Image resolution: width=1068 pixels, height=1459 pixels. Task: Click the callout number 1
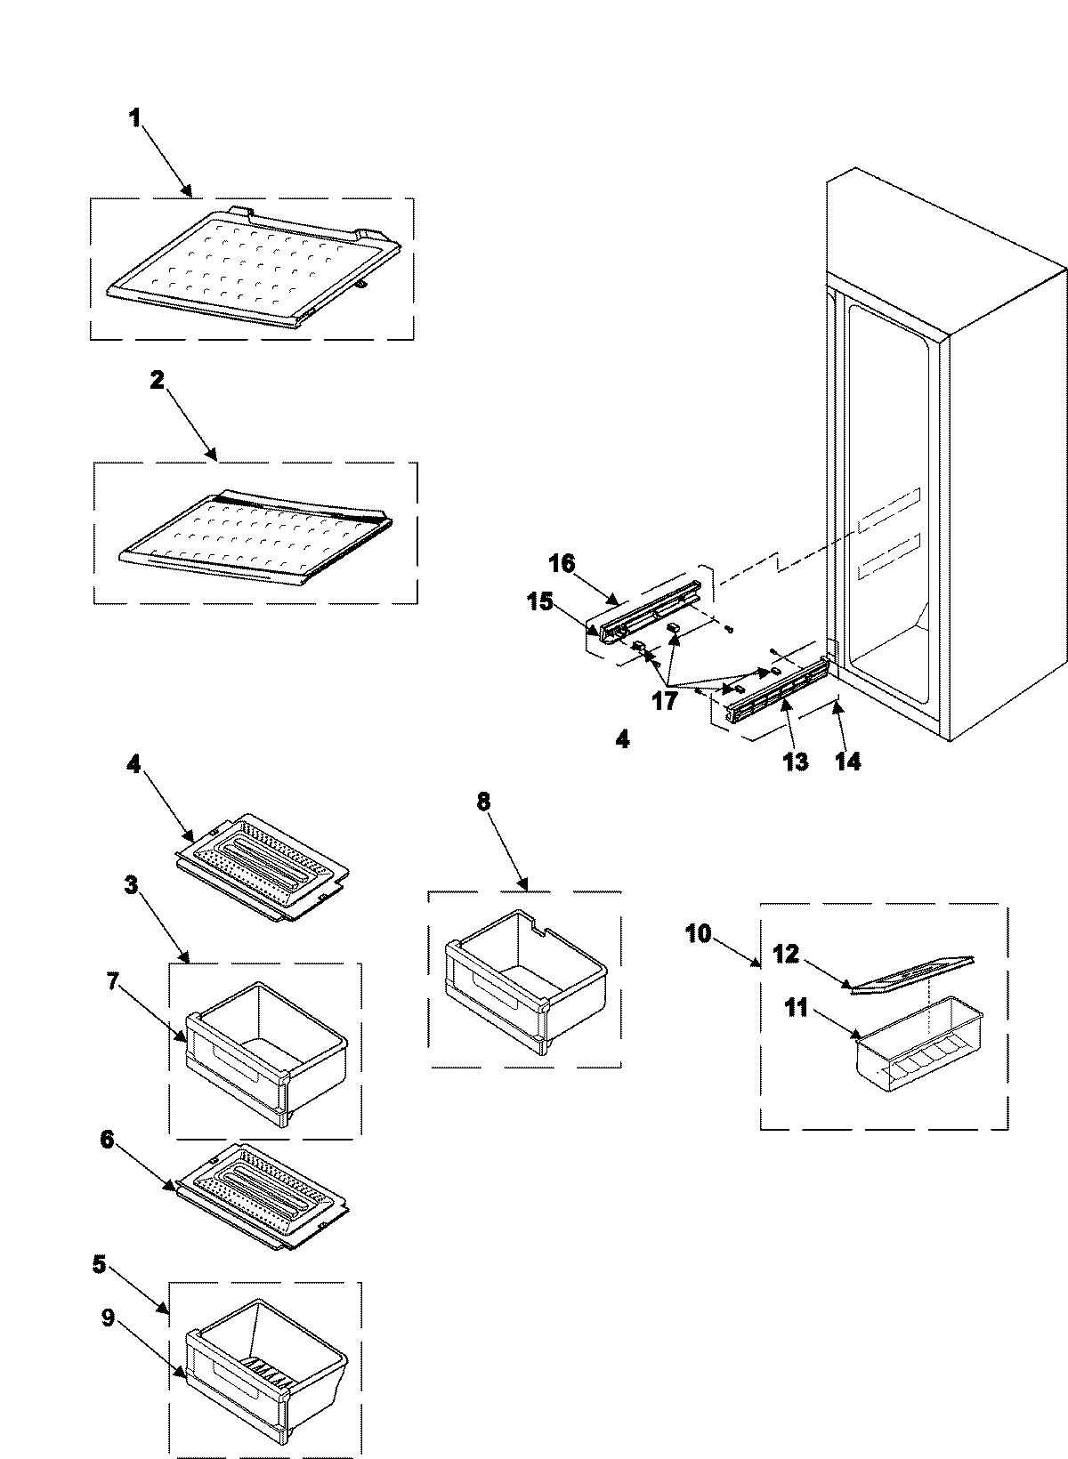[x=135, y=118]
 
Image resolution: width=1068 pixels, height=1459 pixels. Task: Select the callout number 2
[x=157, y=380]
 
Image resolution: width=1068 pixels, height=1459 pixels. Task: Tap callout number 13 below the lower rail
[x=795, y=762]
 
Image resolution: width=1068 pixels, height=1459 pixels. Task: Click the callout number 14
[x=847, y=762]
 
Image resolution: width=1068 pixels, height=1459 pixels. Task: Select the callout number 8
[x=483, y=801]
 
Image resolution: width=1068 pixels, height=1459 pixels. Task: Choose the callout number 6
[x=107, y=1140]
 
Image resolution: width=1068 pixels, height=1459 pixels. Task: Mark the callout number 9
[x=108, y=1319]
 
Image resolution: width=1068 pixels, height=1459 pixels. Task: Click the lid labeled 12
[x=912, y=971]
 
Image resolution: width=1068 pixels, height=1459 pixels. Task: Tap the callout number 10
[x=699, y=935]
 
